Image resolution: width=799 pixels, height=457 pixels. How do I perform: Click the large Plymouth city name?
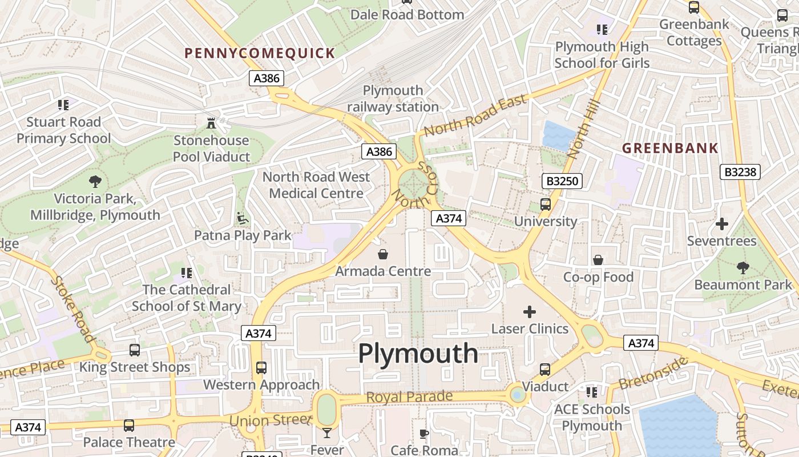[418, 354]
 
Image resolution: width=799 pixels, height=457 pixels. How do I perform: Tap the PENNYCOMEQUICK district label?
[260, 53]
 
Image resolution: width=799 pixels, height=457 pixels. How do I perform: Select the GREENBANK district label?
[670, 149]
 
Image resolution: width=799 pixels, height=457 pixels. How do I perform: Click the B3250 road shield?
[562, 182]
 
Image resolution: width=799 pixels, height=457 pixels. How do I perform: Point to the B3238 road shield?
[742, 172]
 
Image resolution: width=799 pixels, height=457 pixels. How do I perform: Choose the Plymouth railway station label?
[393, 98]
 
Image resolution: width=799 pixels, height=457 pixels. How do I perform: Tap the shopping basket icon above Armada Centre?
[382, 254]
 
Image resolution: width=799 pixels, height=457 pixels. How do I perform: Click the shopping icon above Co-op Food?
[598, 260]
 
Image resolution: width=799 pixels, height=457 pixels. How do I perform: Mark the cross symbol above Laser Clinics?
[530, 312]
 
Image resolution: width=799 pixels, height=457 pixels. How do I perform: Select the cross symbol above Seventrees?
[722, 224]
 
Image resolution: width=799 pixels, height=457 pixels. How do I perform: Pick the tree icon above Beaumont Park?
[742, 267]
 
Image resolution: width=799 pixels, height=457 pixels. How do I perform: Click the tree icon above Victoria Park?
[95, 182]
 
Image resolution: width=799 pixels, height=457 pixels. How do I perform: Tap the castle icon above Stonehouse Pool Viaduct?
[211, 123]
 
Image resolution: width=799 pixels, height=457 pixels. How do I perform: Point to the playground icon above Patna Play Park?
[243, 218]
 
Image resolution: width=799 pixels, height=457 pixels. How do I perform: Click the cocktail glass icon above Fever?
[327, 433]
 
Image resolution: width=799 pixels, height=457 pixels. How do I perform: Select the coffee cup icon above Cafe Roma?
[424, 434]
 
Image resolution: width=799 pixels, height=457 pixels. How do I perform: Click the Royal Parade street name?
[409, 396]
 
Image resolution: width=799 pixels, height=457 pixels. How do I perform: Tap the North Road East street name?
[475, 116]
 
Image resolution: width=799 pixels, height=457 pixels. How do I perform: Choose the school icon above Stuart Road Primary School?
[63, 105]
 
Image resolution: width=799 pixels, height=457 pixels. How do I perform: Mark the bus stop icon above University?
[546, 204]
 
